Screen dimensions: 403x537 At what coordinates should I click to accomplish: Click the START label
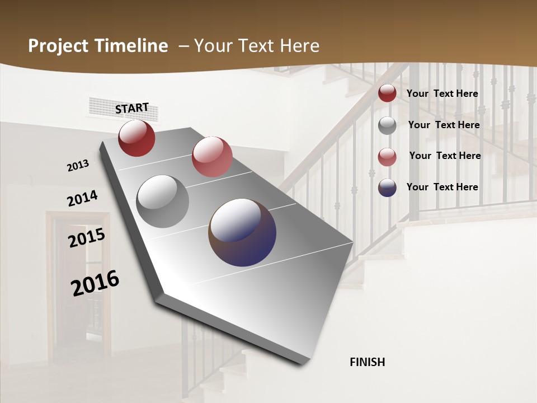pos(132,108)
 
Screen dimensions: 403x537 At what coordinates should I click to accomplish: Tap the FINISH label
pos(367,362)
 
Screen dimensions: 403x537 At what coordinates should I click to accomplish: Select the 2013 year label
pos(78,166)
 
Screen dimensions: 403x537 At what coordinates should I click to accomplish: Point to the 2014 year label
pos(82,199)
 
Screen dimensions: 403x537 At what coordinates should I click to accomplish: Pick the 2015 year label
pos(87,238)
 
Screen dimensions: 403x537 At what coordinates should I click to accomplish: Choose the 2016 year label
pos(95,283)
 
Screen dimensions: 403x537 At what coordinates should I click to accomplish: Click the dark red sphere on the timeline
pos(136,138)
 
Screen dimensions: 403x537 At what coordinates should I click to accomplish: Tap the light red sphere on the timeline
pos(212,156)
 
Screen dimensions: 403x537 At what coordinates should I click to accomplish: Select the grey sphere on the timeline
pos(162,201)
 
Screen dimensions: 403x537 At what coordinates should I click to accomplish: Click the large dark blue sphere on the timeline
pos(242,232)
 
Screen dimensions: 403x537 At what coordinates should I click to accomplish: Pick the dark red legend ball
pos(387,93)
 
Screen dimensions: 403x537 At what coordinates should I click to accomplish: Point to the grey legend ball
pos(387,125)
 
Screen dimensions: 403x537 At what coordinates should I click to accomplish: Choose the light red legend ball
pos(387,157)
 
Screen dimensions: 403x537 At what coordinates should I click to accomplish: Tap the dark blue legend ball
pos(387,188)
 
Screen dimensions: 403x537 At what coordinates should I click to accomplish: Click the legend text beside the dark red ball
pos(442,93)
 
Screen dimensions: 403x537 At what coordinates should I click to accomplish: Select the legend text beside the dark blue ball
pos(442,187)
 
